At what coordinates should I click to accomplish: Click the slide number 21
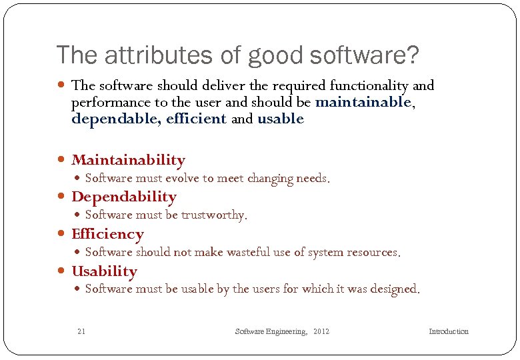click(81, 331)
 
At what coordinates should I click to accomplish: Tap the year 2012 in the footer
click(321, 331)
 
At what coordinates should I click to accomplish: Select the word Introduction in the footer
click(448, 331)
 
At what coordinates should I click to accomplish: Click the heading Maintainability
click(128, 160)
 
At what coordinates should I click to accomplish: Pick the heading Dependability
click(123, 197)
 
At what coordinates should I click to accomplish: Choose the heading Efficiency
click(107, 234)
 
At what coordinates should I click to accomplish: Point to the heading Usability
click(104, 271)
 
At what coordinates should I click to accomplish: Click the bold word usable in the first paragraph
click(280, 119)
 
